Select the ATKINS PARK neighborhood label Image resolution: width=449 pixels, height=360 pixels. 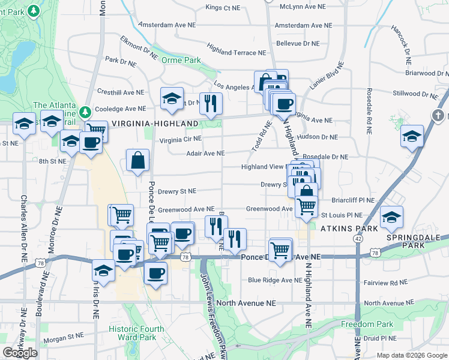pos(349,229)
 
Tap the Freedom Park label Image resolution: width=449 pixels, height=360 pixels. pos(358,325)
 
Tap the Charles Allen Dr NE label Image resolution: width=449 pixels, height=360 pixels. pos(25,223)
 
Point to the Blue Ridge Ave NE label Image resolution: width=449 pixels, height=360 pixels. pos(275,280)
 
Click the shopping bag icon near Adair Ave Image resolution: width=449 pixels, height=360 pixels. pos(138,160)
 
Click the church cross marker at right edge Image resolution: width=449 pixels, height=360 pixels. pos(439,115)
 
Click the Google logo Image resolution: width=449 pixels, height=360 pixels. pos(20,353)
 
